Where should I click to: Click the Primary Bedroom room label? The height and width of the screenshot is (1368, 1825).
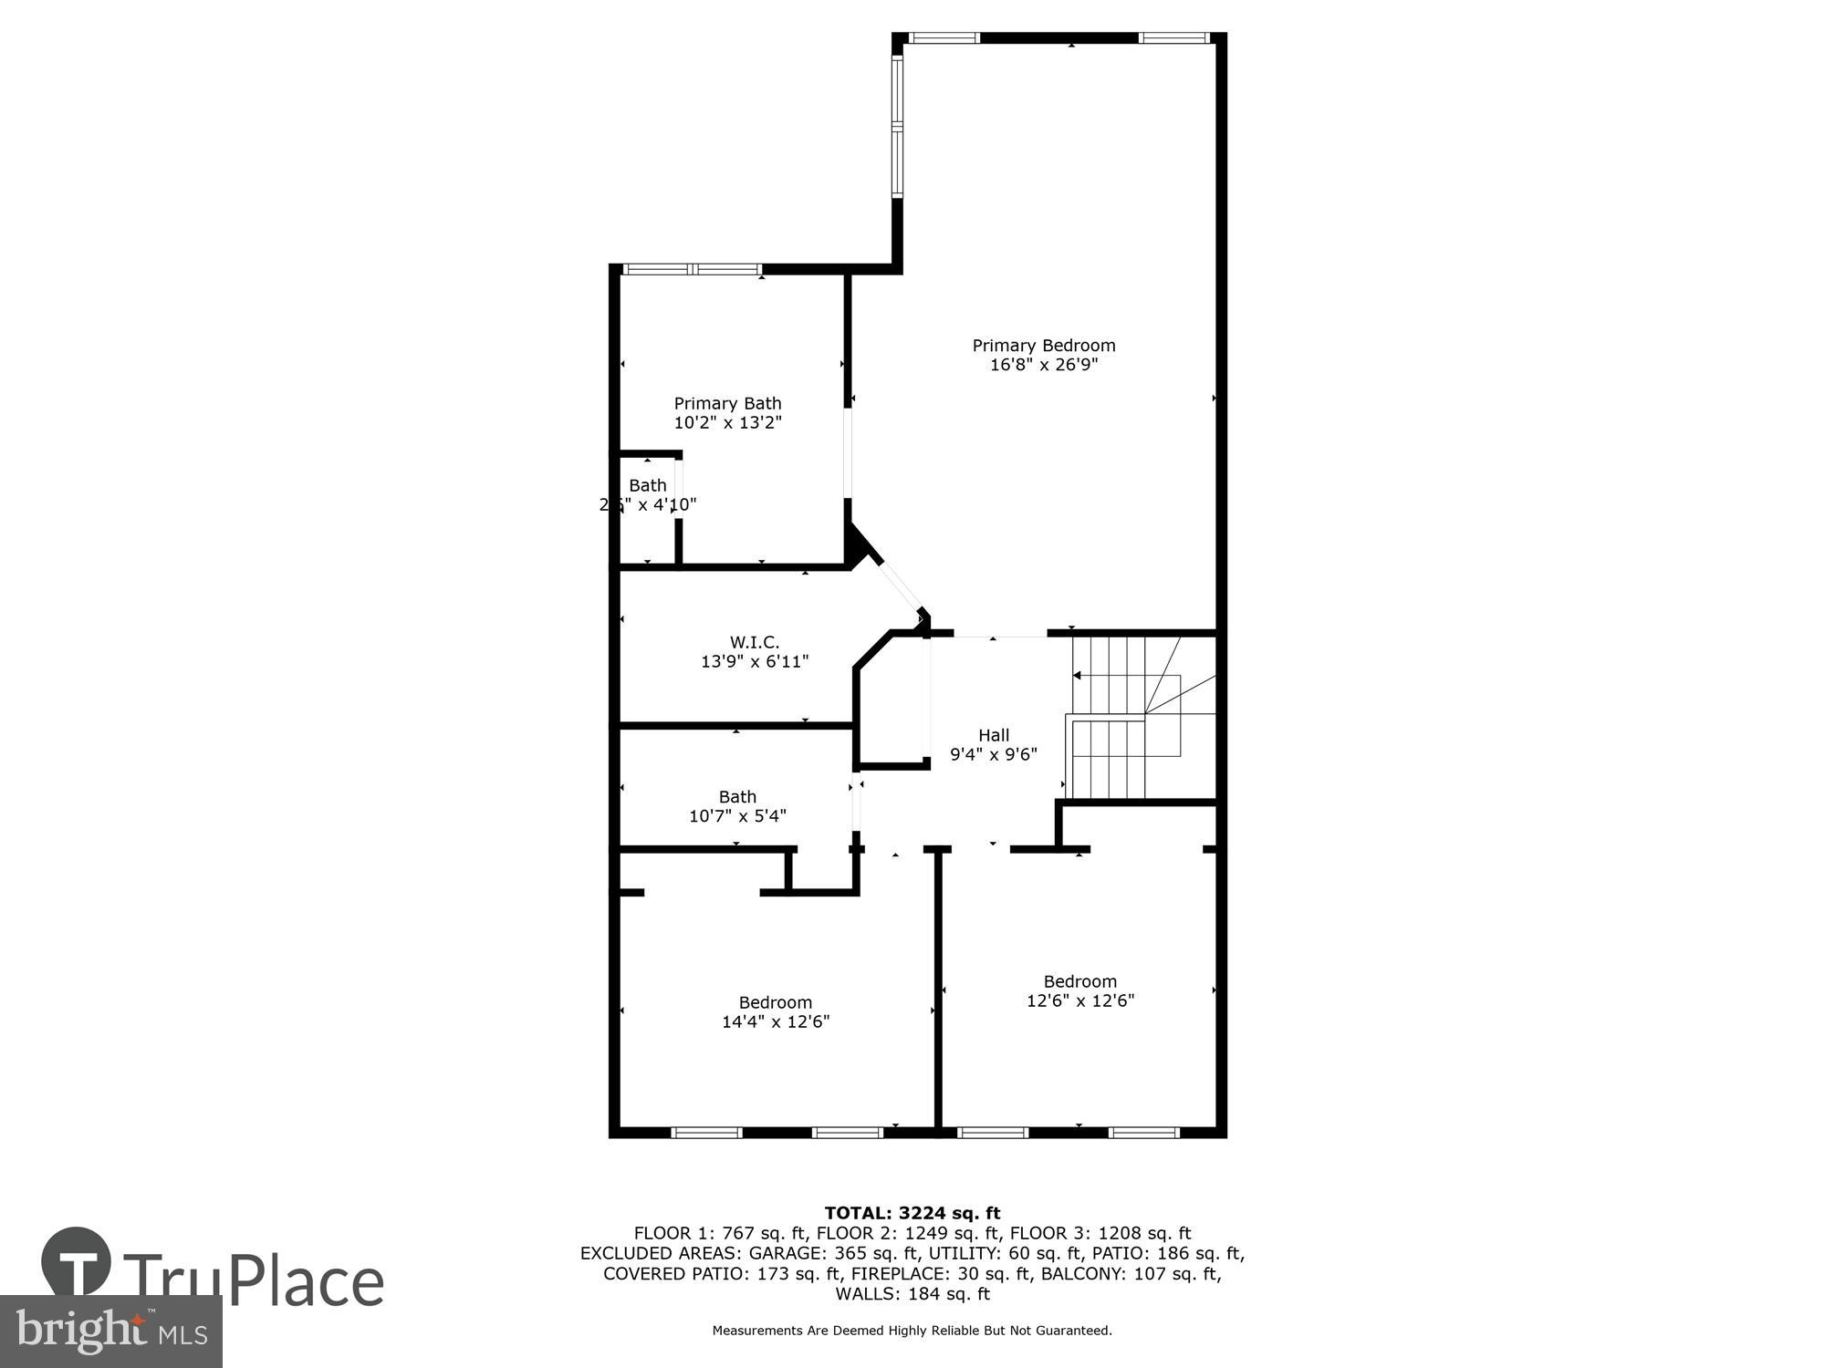pyautogui.click(x=1043, y=346)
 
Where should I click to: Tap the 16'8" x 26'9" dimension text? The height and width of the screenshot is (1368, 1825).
pyautogui.click(x=1043, y=365)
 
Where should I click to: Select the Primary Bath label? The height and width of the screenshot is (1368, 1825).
pyautogui.click(x=727, y=403)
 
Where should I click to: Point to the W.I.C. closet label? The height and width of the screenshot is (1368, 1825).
pyautogui.click(x=754, y=642)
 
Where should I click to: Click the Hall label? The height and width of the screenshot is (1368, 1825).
pyautogui.click(x=994, y=735)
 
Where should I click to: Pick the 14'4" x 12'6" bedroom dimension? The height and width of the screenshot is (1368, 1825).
pyautogui.click(x=775, y=1021)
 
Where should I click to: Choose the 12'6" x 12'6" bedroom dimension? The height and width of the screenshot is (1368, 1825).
pyautogui.click(x=1080, y=1000)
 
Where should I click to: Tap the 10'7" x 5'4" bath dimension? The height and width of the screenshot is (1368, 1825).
pyautogui.click(x=737, y=816)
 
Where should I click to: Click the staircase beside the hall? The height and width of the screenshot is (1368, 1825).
pyautogui.click(x=1141, y=717)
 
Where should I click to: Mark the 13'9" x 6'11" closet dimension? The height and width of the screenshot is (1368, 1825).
pyautogui.click(x=754, y=662)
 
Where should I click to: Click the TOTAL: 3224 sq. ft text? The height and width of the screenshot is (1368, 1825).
pyautogui.click(x=912, y=1213)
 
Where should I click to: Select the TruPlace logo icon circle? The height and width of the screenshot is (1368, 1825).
pyautogui.click(x=77, y=1263)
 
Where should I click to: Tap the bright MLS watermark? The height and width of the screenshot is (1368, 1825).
pyautogui.click(x=110, y=1332)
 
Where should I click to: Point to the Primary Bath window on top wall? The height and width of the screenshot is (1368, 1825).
pyautogui.click(x=692, y=269)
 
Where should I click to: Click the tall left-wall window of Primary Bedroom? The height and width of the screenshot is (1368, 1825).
pyautogui.click(x=897, y=127)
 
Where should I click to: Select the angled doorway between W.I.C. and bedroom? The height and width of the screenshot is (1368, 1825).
pyautogui.click(x=900, y=586)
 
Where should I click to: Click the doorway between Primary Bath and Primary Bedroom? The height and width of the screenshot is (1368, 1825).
pyautogui.click(x=848, y=452)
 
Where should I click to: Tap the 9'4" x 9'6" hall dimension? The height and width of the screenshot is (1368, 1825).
pyautogui.click(x=994, y=754)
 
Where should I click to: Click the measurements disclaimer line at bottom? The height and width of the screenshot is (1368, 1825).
pyautogui.click(x=912, y=1331)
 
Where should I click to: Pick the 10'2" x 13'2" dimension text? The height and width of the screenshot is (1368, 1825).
pyautogui.click(x=727, y=422)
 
